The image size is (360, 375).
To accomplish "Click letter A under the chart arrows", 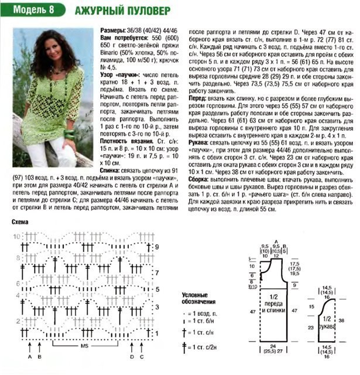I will point(29,356).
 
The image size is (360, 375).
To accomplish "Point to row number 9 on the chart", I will point(157,247).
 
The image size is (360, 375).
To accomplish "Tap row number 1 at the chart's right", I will point(157,333).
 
